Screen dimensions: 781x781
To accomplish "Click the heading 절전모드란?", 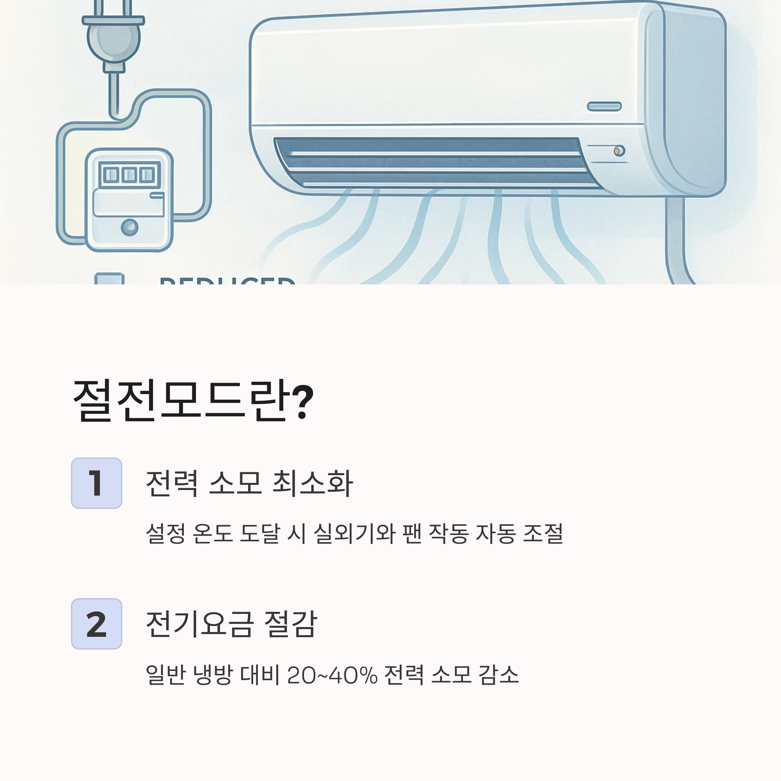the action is (x=193, y=401).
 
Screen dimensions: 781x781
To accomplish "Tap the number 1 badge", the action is (x=97, y=483).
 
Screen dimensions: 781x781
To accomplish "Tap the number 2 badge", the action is (x=97, y=624).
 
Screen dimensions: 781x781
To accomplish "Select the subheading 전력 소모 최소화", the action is (x=249, y=483).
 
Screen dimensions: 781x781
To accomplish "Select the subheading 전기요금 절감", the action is (x=231, y=624).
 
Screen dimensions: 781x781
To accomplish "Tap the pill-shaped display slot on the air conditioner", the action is (x=604, y=106).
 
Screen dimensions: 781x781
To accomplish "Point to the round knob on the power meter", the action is (x=130, y=227).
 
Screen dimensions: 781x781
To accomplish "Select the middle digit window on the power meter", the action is (x=129, y=175).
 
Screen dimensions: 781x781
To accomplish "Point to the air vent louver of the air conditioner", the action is (x=432, y=162).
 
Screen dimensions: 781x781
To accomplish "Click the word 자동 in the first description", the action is (x=496, y=533).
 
